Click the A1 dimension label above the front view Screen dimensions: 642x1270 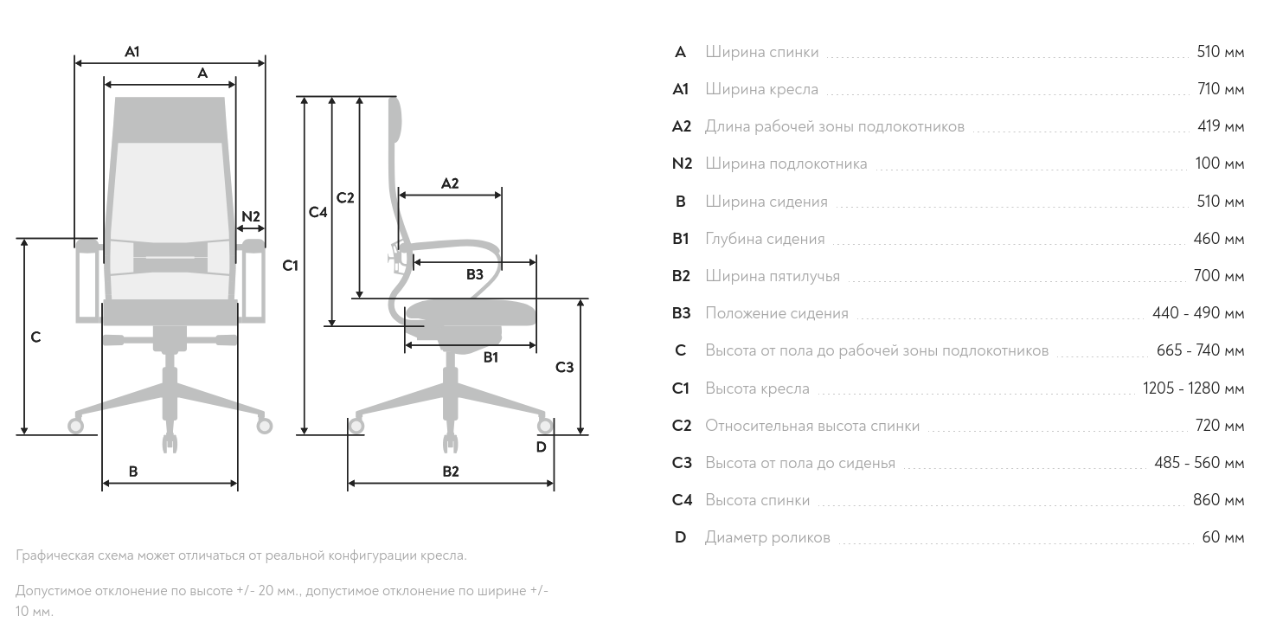[131, 52]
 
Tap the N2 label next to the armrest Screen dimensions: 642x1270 [251, 215]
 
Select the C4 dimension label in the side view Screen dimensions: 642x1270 [318, 212]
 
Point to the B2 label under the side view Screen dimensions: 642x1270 [451, 472]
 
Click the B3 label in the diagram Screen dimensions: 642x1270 [475, 275]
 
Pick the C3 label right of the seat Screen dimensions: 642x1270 [564, 368]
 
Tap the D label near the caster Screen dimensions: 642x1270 [541, 447]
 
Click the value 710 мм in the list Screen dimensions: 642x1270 [1220, 89]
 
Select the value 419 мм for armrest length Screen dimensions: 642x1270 [1220, 126]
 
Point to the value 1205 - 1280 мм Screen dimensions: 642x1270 [1193, 388]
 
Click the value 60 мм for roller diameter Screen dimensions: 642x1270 [1223, 537]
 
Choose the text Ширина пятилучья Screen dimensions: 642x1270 [773, 276]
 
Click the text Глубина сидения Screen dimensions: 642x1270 [765, 239]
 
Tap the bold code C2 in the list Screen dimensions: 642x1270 [682, 426]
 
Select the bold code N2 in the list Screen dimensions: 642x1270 [682, 164]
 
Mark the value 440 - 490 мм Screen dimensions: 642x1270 [1198, 313]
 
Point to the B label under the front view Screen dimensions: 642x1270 [133, 472]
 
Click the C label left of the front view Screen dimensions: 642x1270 [35, 337]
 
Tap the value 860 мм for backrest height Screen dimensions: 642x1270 [1220, 500]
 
